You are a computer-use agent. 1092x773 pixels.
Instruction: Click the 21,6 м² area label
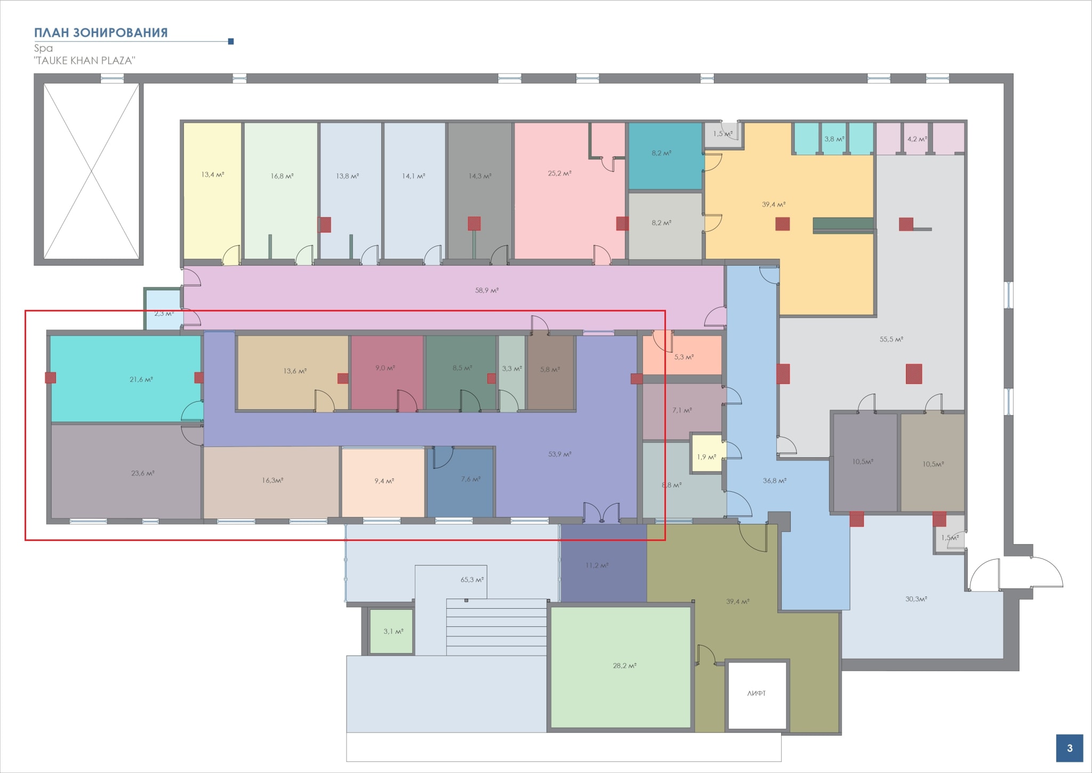coord(141,380)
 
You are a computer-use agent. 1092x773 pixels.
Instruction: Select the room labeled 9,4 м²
coord(383,482)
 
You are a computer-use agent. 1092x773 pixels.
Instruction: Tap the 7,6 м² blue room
coord(461,482)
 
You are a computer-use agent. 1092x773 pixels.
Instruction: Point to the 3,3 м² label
coord(512,368)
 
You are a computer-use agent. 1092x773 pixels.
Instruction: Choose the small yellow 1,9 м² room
coord(706,452)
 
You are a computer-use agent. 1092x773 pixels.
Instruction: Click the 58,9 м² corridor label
coord(487,291)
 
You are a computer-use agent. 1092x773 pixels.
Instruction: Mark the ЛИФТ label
coord(757,694)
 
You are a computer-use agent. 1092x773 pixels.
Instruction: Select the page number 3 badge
coord(1070,748)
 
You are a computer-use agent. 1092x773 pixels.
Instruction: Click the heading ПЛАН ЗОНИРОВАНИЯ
coord(101,33)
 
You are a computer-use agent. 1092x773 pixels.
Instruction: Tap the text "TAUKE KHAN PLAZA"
coord(84,60)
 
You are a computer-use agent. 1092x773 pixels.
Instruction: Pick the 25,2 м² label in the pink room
coord(559,173)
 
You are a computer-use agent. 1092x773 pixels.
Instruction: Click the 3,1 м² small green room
coord(391,631)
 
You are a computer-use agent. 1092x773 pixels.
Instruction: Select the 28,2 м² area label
coord(624,666)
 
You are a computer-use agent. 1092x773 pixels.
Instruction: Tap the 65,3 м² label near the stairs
coord(472,579)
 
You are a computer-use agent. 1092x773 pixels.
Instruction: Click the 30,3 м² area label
coord(916,599)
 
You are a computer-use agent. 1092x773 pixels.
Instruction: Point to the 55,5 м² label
coord(891,339)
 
